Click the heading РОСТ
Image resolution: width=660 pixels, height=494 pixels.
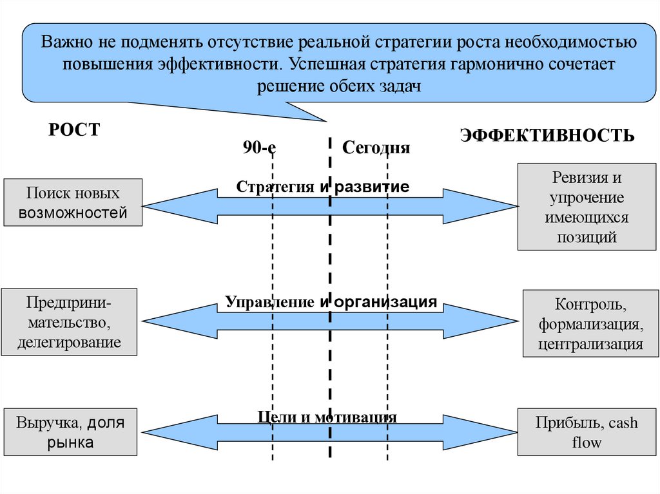pos(75,129)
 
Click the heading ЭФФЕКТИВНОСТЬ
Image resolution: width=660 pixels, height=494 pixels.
pos(547,135)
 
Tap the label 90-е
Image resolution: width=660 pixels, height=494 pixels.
pos(259,147)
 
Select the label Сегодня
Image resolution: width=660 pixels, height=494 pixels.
pos(376,147)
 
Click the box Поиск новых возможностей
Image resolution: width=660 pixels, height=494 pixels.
pos(73,202)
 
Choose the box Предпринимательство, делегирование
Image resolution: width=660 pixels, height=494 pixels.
pos(70,322)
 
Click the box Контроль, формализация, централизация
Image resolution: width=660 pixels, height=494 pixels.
pos(590,323)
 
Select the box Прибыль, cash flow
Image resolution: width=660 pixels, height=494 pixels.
pos(586,432)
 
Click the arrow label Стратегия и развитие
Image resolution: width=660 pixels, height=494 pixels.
pos(323,187)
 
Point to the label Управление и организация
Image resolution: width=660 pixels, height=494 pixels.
pos(331,301)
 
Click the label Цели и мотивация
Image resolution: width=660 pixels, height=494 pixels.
pos(327,417)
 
